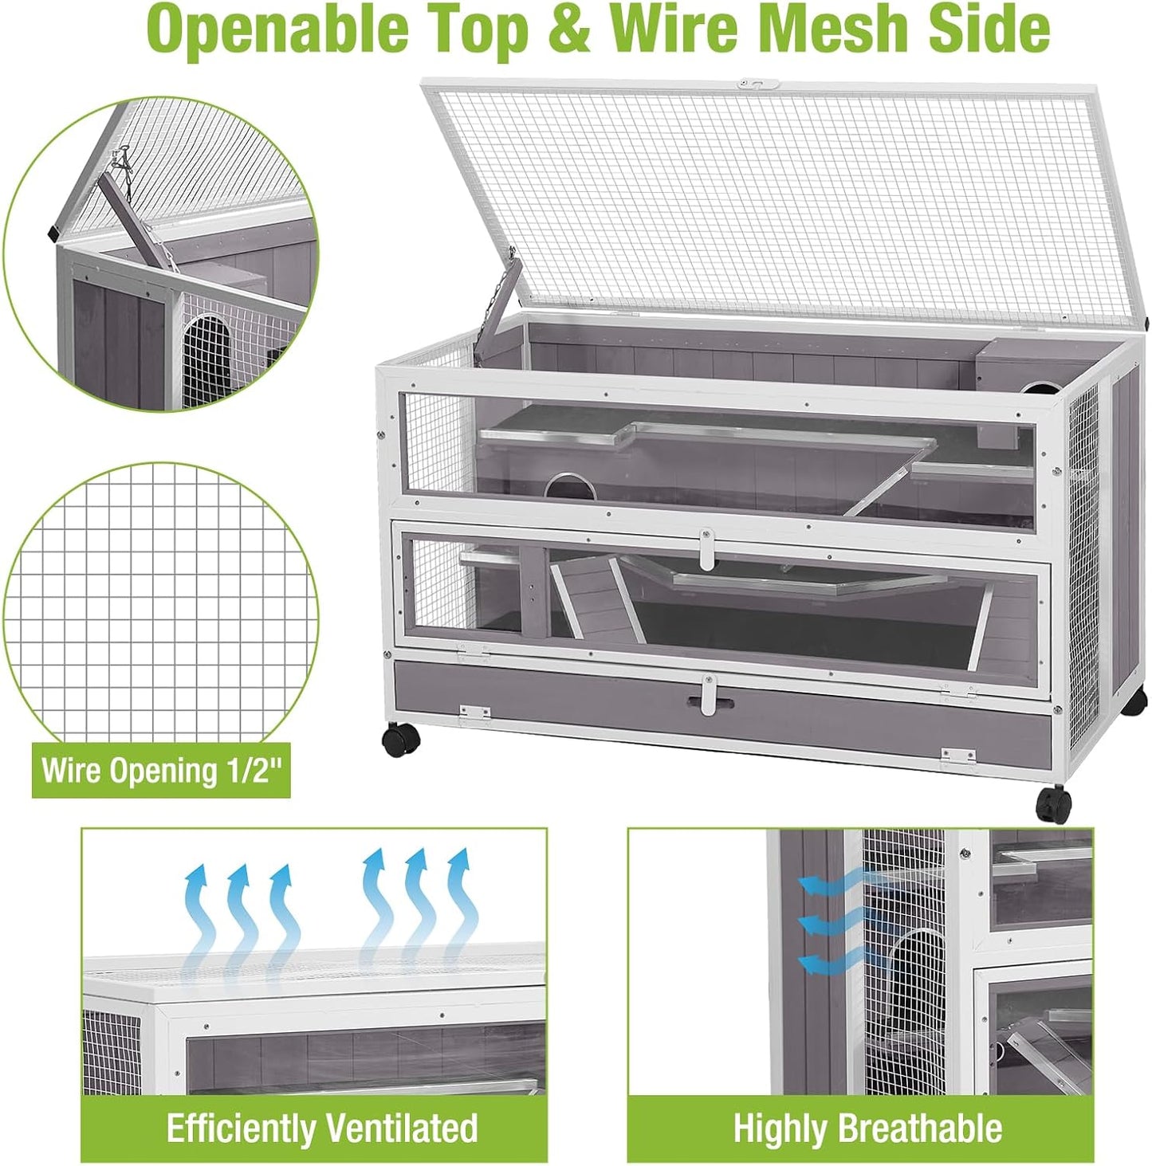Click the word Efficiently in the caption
point(240,1129)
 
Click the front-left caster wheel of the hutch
point(400,740)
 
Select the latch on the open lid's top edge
point(755,83)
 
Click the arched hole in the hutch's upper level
point(569,486)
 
